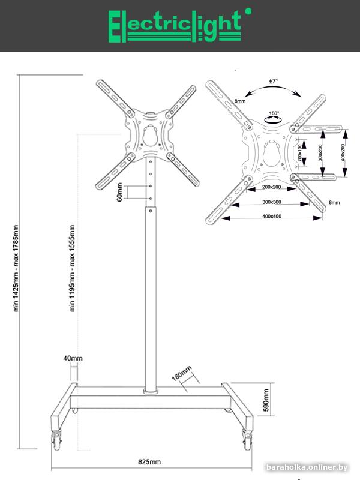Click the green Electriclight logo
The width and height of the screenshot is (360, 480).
174,26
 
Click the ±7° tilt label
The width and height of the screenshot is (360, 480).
274,80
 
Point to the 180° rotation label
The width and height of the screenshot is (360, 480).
274,113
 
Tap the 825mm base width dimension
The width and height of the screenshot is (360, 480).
149,463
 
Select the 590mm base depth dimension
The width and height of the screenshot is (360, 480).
266,400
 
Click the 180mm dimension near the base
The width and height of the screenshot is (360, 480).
182,374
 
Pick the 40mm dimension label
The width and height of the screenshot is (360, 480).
73,358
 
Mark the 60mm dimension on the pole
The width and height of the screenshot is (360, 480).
120,193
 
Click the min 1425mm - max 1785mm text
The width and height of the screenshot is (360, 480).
17,268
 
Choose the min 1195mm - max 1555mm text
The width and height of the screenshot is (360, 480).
72,268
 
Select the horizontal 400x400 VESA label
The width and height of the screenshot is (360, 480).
272,217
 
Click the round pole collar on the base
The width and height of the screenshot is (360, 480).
150,391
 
